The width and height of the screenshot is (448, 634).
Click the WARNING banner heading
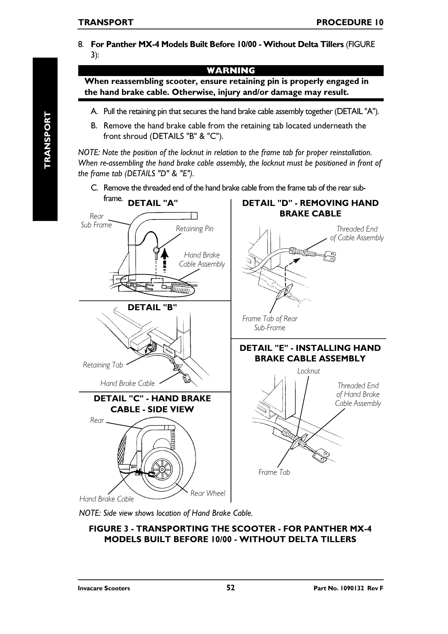pos(231,71)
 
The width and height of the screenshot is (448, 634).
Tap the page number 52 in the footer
pos(231,588)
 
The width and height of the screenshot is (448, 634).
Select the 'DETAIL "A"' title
pos(153,203)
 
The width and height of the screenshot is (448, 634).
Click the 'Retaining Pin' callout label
pos(194,229)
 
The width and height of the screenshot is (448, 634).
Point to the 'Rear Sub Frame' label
pos(96,221)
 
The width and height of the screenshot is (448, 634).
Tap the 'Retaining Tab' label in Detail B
pos(103,365)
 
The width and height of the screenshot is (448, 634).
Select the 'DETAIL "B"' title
pos(152,308)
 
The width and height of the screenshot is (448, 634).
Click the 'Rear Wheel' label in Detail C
pos(208,493)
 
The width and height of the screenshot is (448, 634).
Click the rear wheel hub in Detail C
pos(162,470)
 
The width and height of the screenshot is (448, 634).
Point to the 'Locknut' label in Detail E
pos(308,371)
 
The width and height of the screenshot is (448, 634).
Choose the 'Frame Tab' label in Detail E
pos(274,472)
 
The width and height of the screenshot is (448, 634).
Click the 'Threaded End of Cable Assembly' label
pos(357,233)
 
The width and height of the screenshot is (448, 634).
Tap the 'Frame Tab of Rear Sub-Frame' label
pos(270,323)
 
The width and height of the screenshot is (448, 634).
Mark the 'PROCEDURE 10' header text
pos(350,23)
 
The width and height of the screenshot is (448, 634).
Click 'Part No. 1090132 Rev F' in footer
pos(343,588)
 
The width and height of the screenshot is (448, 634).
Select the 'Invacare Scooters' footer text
pos(104,588)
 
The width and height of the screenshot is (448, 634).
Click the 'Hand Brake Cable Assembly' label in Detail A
pos(202,260)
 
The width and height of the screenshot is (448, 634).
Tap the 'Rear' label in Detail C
pos(97,420)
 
